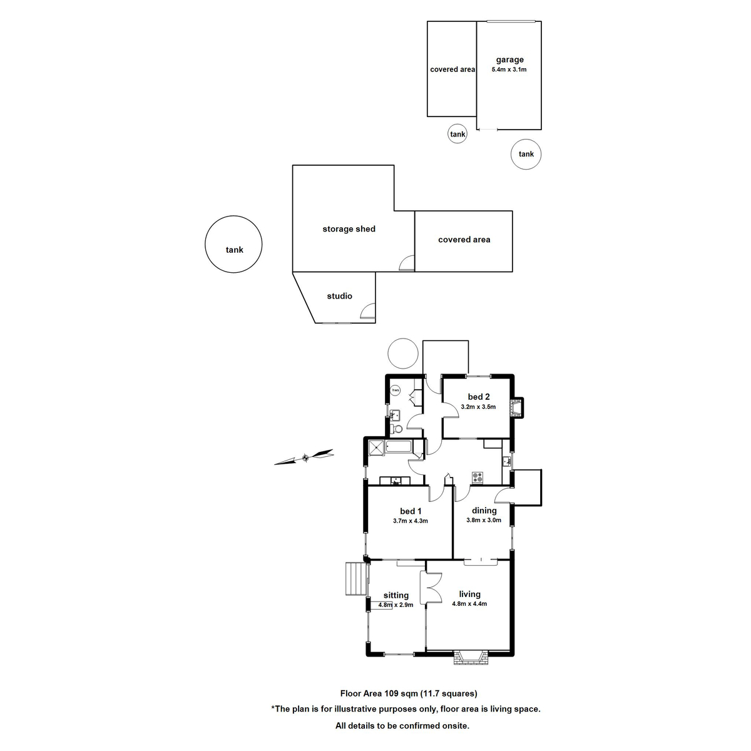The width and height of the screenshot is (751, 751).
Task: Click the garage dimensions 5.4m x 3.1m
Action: [x=509, y=69]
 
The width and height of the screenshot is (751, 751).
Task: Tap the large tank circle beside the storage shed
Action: [x=233, y=245]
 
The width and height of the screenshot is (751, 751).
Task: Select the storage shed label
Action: [x=349, y=229]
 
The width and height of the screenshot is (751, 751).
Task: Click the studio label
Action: [x=339, y=296]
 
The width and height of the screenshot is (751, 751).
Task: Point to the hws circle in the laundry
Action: [x=395, y=391]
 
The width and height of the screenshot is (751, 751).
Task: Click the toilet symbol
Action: [x=396, y=429]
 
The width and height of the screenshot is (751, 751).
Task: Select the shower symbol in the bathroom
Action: [x=376, y=447]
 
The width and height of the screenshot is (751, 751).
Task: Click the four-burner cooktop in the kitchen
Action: [x=478, y=478]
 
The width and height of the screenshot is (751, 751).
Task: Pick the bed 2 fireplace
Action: [x=517, y=407]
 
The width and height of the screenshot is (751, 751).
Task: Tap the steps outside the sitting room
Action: [x=354, y=578]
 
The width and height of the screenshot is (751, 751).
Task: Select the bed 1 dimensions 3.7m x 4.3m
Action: [x=410, y=521]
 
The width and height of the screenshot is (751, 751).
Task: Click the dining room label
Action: [x=484, y=511]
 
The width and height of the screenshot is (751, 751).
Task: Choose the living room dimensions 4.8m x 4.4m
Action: [x=469, y=604]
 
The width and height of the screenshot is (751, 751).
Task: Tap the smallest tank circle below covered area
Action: [x=457, y=134]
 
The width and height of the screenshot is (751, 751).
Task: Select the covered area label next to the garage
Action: [x=452, y=69]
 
